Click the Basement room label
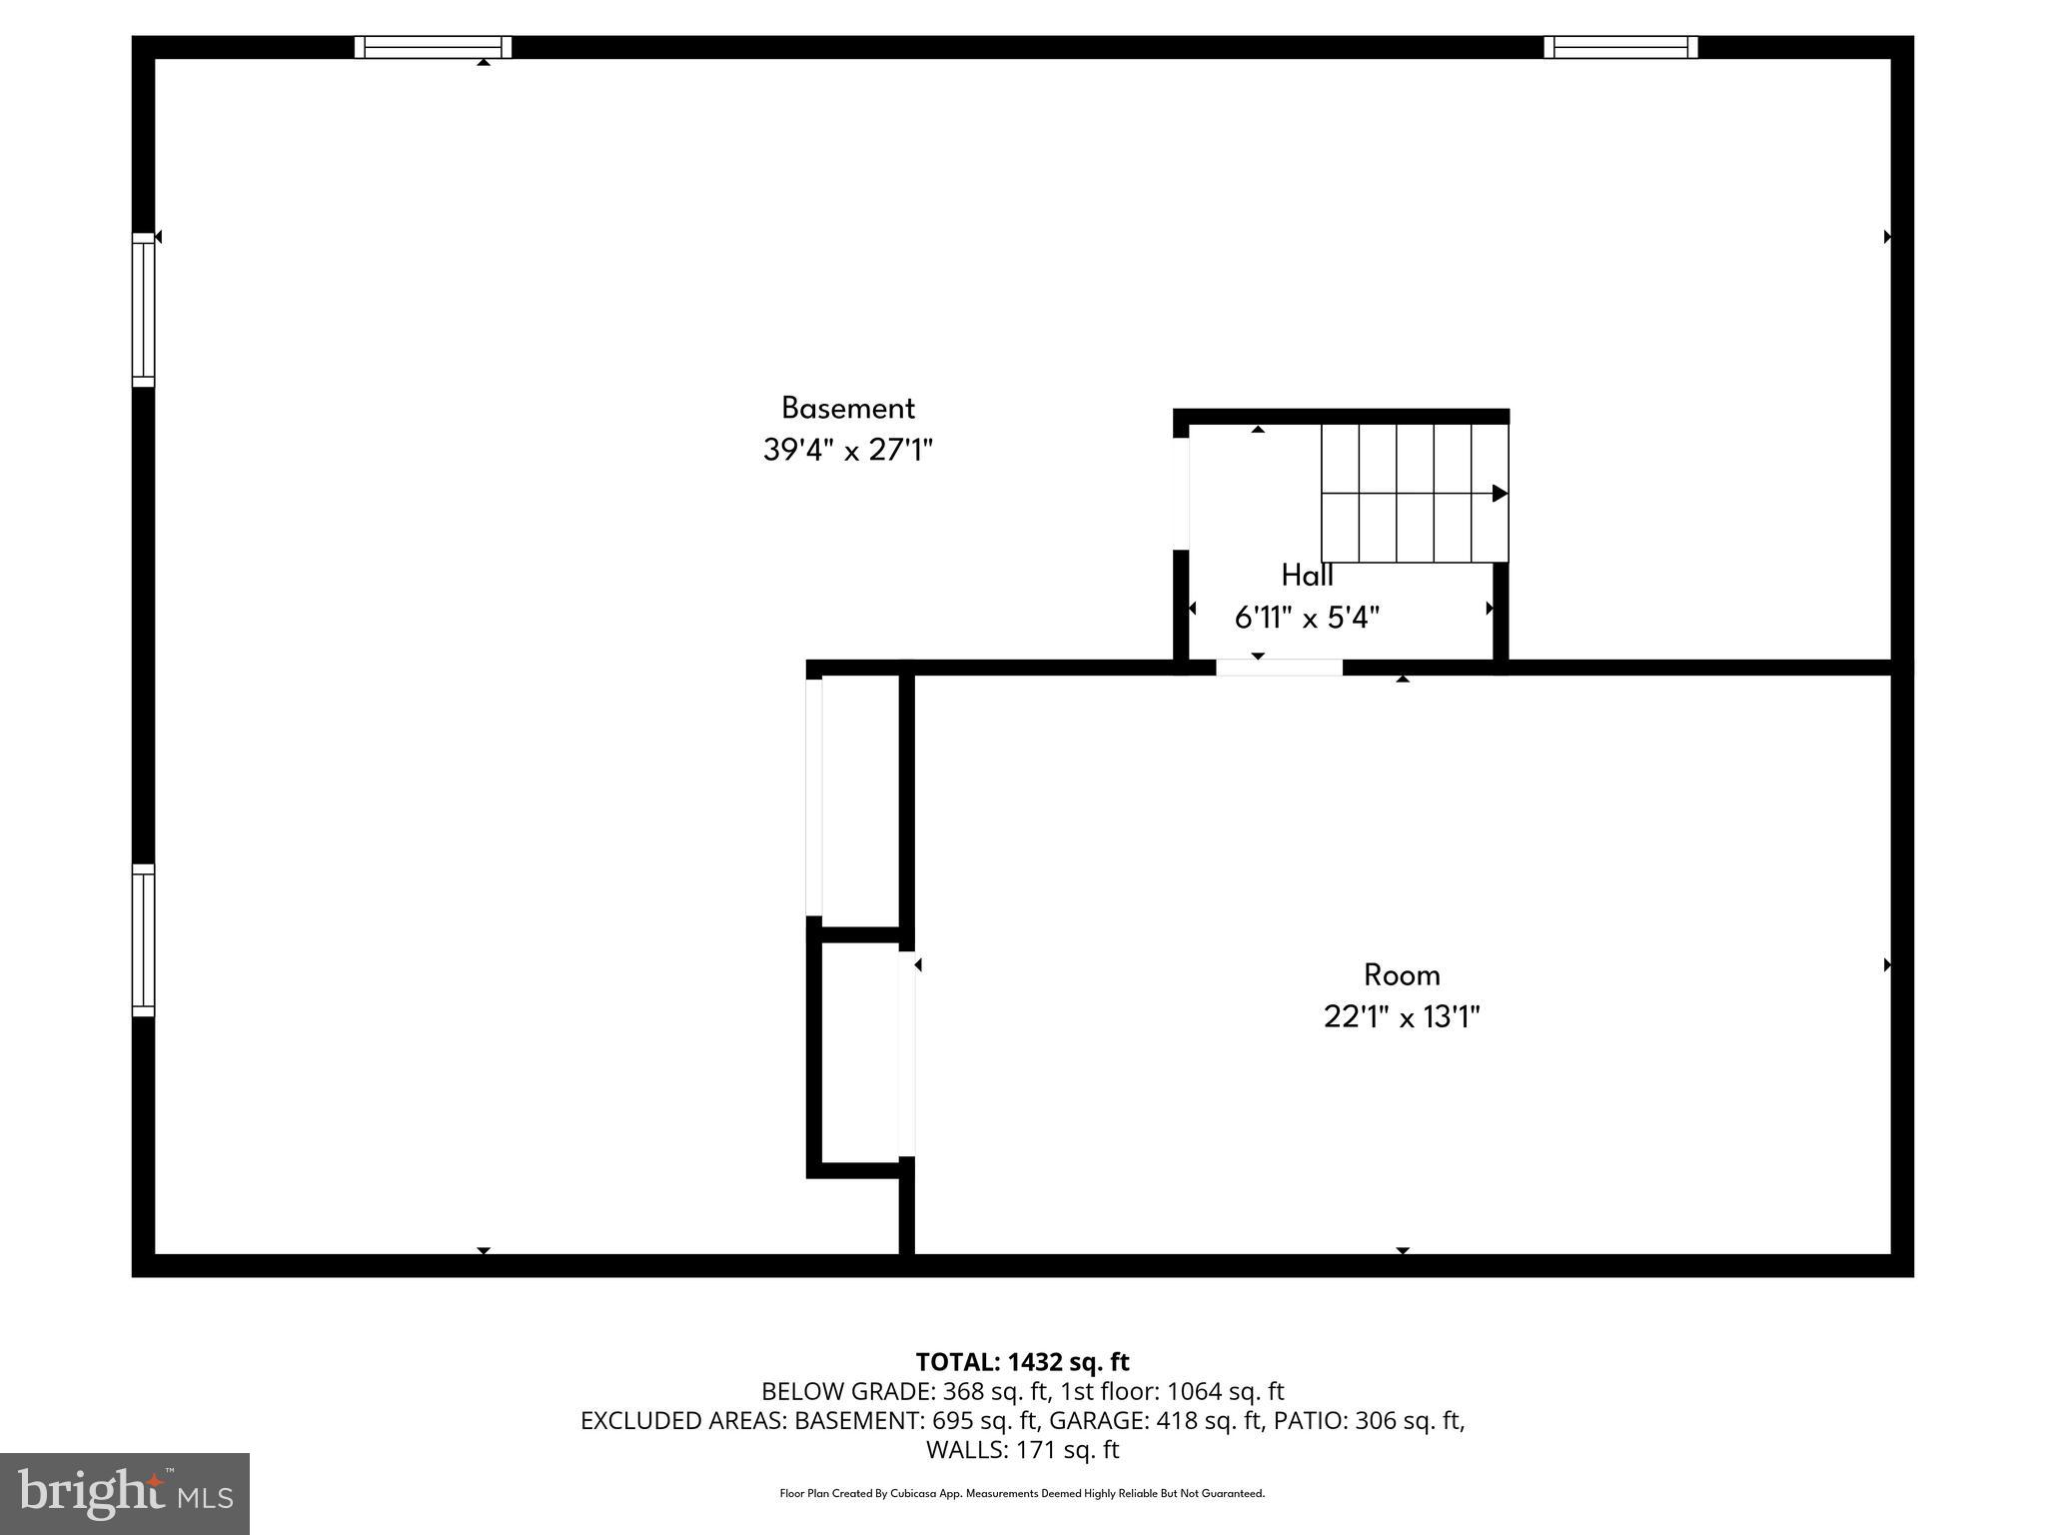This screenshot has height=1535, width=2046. [x=847, y=408]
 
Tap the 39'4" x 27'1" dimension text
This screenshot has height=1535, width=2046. [x=847, y=451]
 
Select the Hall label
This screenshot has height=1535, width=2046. [x=1307, y=576]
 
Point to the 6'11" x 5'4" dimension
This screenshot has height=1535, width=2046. [x=1307, y=619]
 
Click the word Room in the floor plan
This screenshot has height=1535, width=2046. [x=1402, y=974]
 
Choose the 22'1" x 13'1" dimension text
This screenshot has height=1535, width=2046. [x=1402, y=1017]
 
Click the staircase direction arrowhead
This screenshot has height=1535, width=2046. [x=1500, y=493]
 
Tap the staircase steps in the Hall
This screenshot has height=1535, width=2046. [x=1414, y=493]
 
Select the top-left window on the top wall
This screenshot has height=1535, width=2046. [x=433, y=47]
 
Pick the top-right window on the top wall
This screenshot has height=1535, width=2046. [x=1620, y=47]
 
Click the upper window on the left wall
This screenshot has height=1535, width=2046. [x=144, y=310]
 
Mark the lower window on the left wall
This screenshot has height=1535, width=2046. [x=144, y=940]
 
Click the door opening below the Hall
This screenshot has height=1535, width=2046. [x=1279, y=668]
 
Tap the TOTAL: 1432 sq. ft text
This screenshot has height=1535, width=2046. [x=1022, y=1362]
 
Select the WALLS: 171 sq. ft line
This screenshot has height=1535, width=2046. [x=1022, y=1449]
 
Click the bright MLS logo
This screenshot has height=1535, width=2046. [x=125, y=1494]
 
